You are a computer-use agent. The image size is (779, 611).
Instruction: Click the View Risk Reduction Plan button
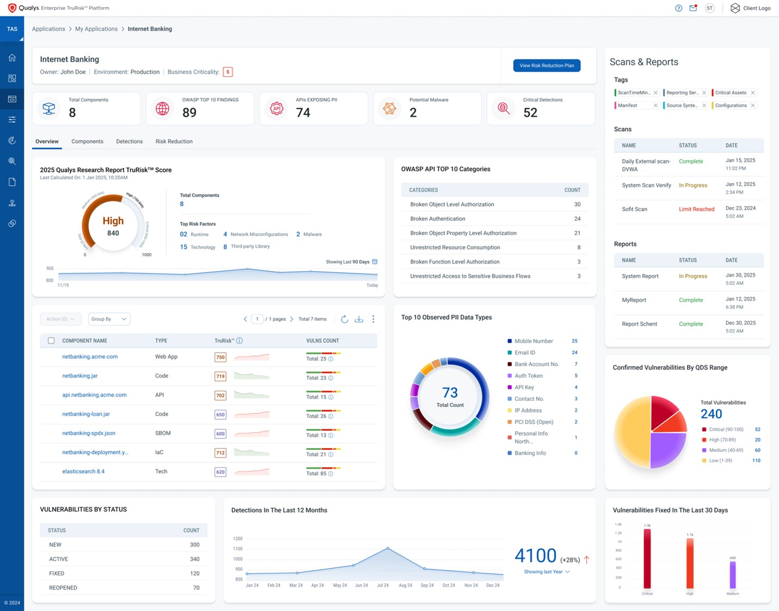(x=546, y=65)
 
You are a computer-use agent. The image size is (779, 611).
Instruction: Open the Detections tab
(x=129, y=142)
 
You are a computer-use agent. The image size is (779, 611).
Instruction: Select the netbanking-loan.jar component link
(x=86, y=414)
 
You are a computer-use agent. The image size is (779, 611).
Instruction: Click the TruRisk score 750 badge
(x=220, y=357)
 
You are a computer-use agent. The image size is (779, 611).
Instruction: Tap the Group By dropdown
(x=109, y=319)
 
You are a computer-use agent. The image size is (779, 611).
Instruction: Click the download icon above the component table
(x=359, y=319)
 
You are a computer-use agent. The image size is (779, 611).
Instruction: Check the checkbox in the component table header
(x=51, y=341)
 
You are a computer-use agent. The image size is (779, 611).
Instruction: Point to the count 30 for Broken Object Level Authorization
(x=577, y=205)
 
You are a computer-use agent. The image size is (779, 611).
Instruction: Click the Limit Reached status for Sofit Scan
(x=696, y=209)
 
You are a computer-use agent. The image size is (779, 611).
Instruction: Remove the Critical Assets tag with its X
(x=753, y=93)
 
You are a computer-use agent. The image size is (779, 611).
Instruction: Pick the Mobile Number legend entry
(x=533, y=341)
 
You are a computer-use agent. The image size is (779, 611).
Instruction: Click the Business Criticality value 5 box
(x=228, y=72)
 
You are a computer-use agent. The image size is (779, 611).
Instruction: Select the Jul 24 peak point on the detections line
(x=388, y=548)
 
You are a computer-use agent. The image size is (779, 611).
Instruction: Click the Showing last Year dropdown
(x=546, y=572)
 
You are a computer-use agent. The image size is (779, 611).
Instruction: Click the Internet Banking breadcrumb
(x=150, y=29)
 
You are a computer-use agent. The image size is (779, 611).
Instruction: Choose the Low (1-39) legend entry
(x=720, y=461)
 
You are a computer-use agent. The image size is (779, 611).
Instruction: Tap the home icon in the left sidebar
(x=12, y=58)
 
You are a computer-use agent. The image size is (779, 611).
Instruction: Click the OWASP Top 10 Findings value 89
(x=190, y=113)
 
